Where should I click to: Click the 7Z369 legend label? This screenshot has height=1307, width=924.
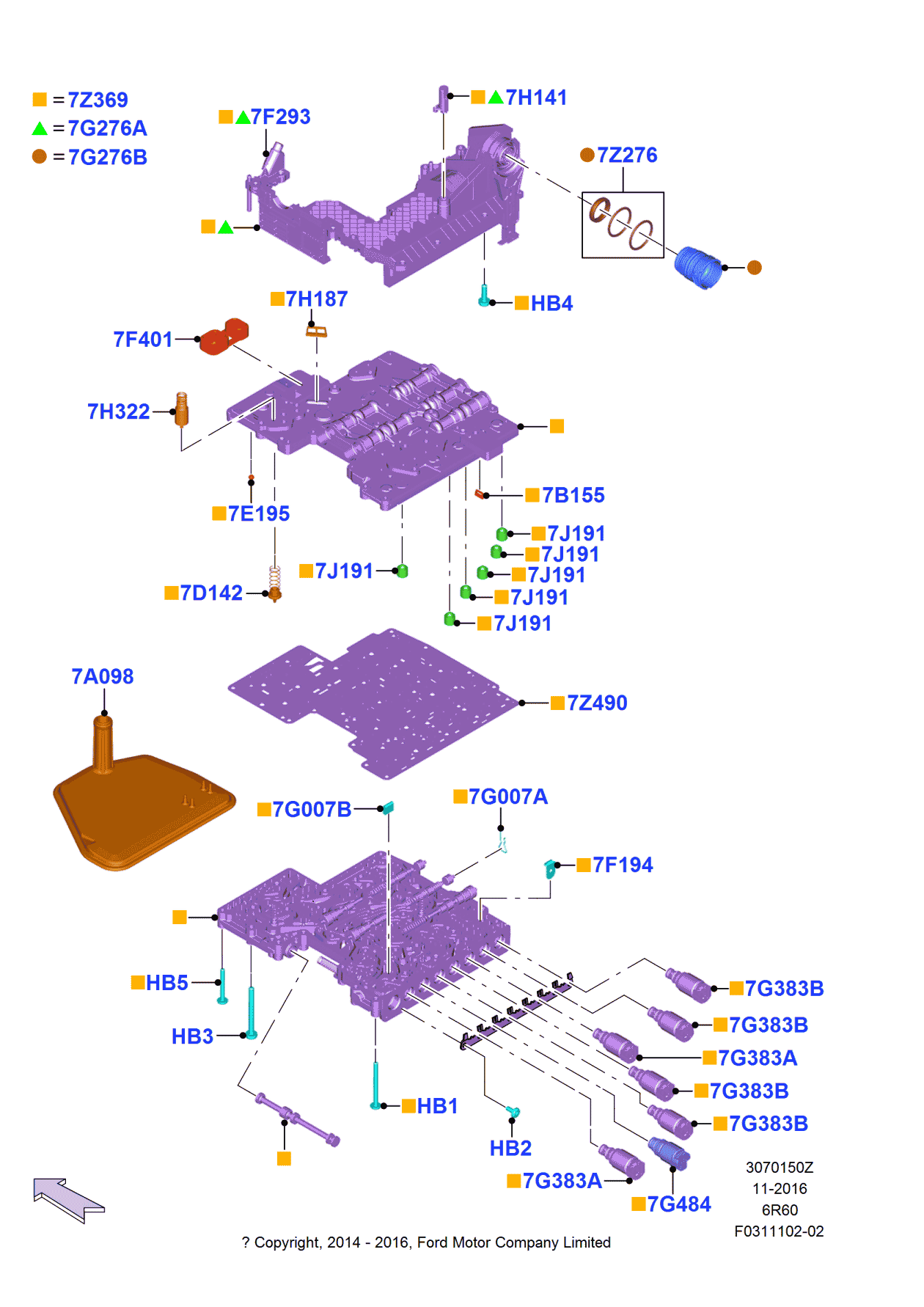[98, 100]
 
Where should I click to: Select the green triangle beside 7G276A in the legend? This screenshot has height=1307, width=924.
[40, 129]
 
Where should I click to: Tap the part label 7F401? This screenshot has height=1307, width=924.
[143, 340]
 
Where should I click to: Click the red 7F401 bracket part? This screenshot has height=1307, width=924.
[224, 337]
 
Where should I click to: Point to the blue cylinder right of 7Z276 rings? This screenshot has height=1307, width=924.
[699, 268]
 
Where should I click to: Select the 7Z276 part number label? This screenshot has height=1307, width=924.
[627, 155]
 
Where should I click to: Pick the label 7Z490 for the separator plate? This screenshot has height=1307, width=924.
[597, 703]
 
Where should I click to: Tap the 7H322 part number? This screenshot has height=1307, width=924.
[119, 412]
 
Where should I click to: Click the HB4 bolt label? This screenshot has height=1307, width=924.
[551, 304]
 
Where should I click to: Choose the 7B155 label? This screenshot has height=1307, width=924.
[573, 496]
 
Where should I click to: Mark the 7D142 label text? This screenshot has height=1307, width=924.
[211, 593]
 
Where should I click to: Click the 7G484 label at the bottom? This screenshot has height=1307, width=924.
[679, 1204]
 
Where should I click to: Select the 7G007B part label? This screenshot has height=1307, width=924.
[312, 810]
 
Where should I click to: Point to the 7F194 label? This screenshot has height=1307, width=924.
[623, 865]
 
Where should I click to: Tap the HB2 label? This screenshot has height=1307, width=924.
[510, 1149]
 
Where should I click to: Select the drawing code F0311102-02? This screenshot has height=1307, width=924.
[779, 1231]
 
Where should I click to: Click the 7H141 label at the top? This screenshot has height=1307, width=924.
[536, 98]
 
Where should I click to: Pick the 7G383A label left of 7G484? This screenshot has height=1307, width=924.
[562, 1182]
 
